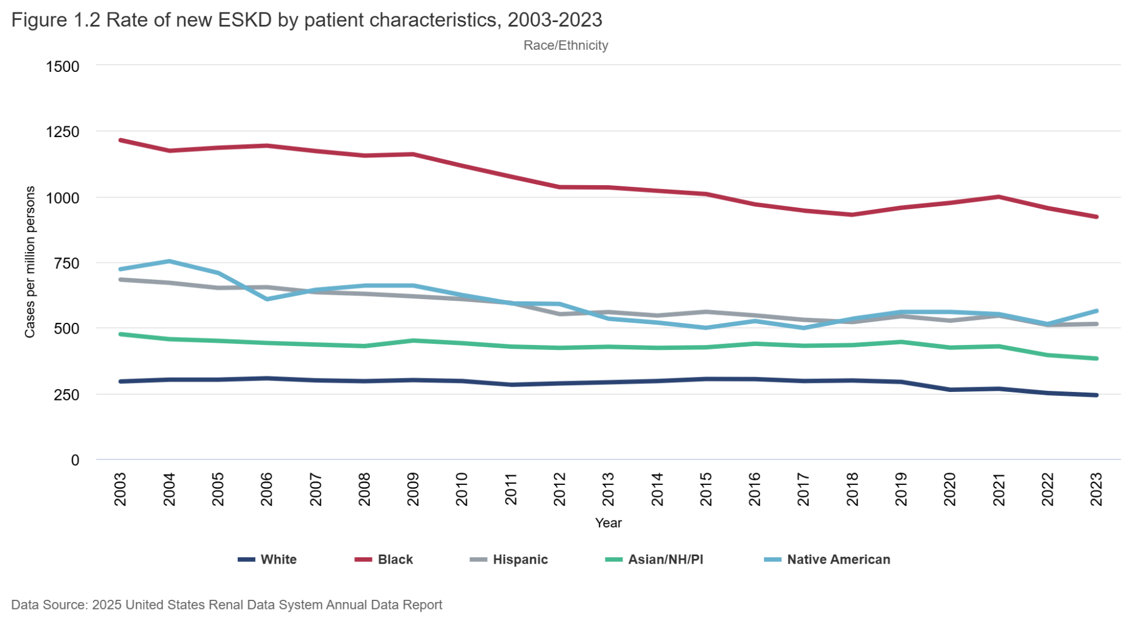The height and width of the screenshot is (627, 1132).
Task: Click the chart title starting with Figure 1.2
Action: (x=306, y=20)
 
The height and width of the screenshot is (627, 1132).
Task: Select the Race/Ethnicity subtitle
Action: (x=565, y=45)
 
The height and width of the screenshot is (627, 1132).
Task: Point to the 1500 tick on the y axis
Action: (x=62, y=66)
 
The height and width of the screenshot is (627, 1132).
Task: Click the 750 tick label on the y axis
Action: (x=66, y=263)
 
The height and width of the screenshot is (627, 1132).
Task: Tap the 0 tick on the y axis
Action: (x=75, y=460)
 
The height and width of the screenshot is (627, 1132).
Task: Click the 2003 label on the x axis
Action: (x=120, y=489)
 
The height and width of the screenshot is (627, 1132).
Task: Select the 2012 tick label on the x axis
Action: (x=559, y=489)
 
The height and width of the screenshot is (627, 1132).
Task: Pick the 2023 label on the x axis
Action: (x=1096, y=489)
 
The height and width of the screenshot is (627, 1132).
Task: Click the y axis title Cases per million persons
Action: (x=29, y=262)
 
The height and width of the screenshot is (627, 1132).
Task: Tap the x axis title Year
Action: (x=608, y=523)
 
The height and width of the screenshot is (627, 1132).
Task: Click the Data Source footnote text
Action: (x=227, y=605)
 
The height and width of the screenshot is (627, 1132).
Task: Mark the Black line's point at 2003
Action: (x=121, y=140)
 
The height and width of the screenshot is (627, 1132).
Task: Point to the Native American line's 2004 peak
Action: (x=169, y=261)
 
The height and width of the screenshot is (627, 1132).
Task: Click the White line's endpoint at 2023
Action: (x=1096, y=395)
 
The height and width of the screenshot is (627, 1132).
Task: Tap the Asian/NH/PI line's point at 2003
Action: (x=121, y=334)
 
